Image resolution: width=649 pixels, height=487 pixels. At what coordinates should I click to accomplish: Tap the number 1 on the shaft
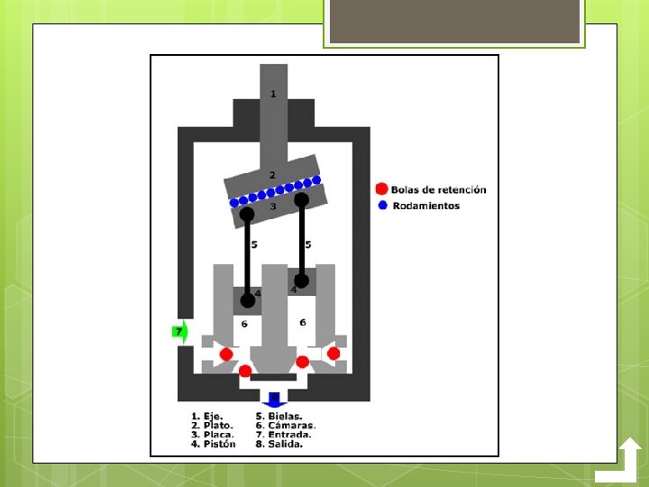[x=273, y=94]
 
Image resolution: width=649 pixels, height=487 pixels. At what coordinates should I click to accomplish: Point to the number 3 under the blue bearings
[x=273, y=207]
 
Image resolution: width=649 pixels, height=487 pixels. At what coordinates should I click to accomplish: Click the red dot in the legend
[x=381, y=189]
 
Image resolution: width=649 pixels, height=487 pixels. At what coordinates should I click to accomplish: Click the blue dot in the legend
[x=381, y=206]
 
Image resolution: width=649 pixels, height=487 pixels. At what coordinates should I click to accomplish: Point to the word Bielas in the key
[x=286, y=416]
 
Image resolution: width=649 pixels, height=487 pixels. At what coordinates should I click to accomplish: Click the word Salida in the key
[x=286, y=444]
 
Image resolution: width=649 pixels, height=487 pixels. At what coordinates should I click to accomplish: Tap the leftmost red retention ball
[x=225, y=354]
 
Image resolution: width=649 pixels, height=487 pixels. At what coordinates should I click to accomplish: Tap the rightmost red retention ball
[x=334, y=354]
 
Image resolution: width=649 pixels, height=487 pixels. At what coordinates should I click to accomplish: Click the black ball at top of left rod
[x=246, y=215]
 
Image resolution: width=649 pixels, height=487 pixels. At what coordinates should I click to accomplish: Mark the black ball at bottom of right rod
[x=302, y=280]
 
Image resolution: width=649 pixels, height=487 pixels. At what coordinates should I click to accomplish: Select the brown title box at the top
[x=454, y=22]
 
